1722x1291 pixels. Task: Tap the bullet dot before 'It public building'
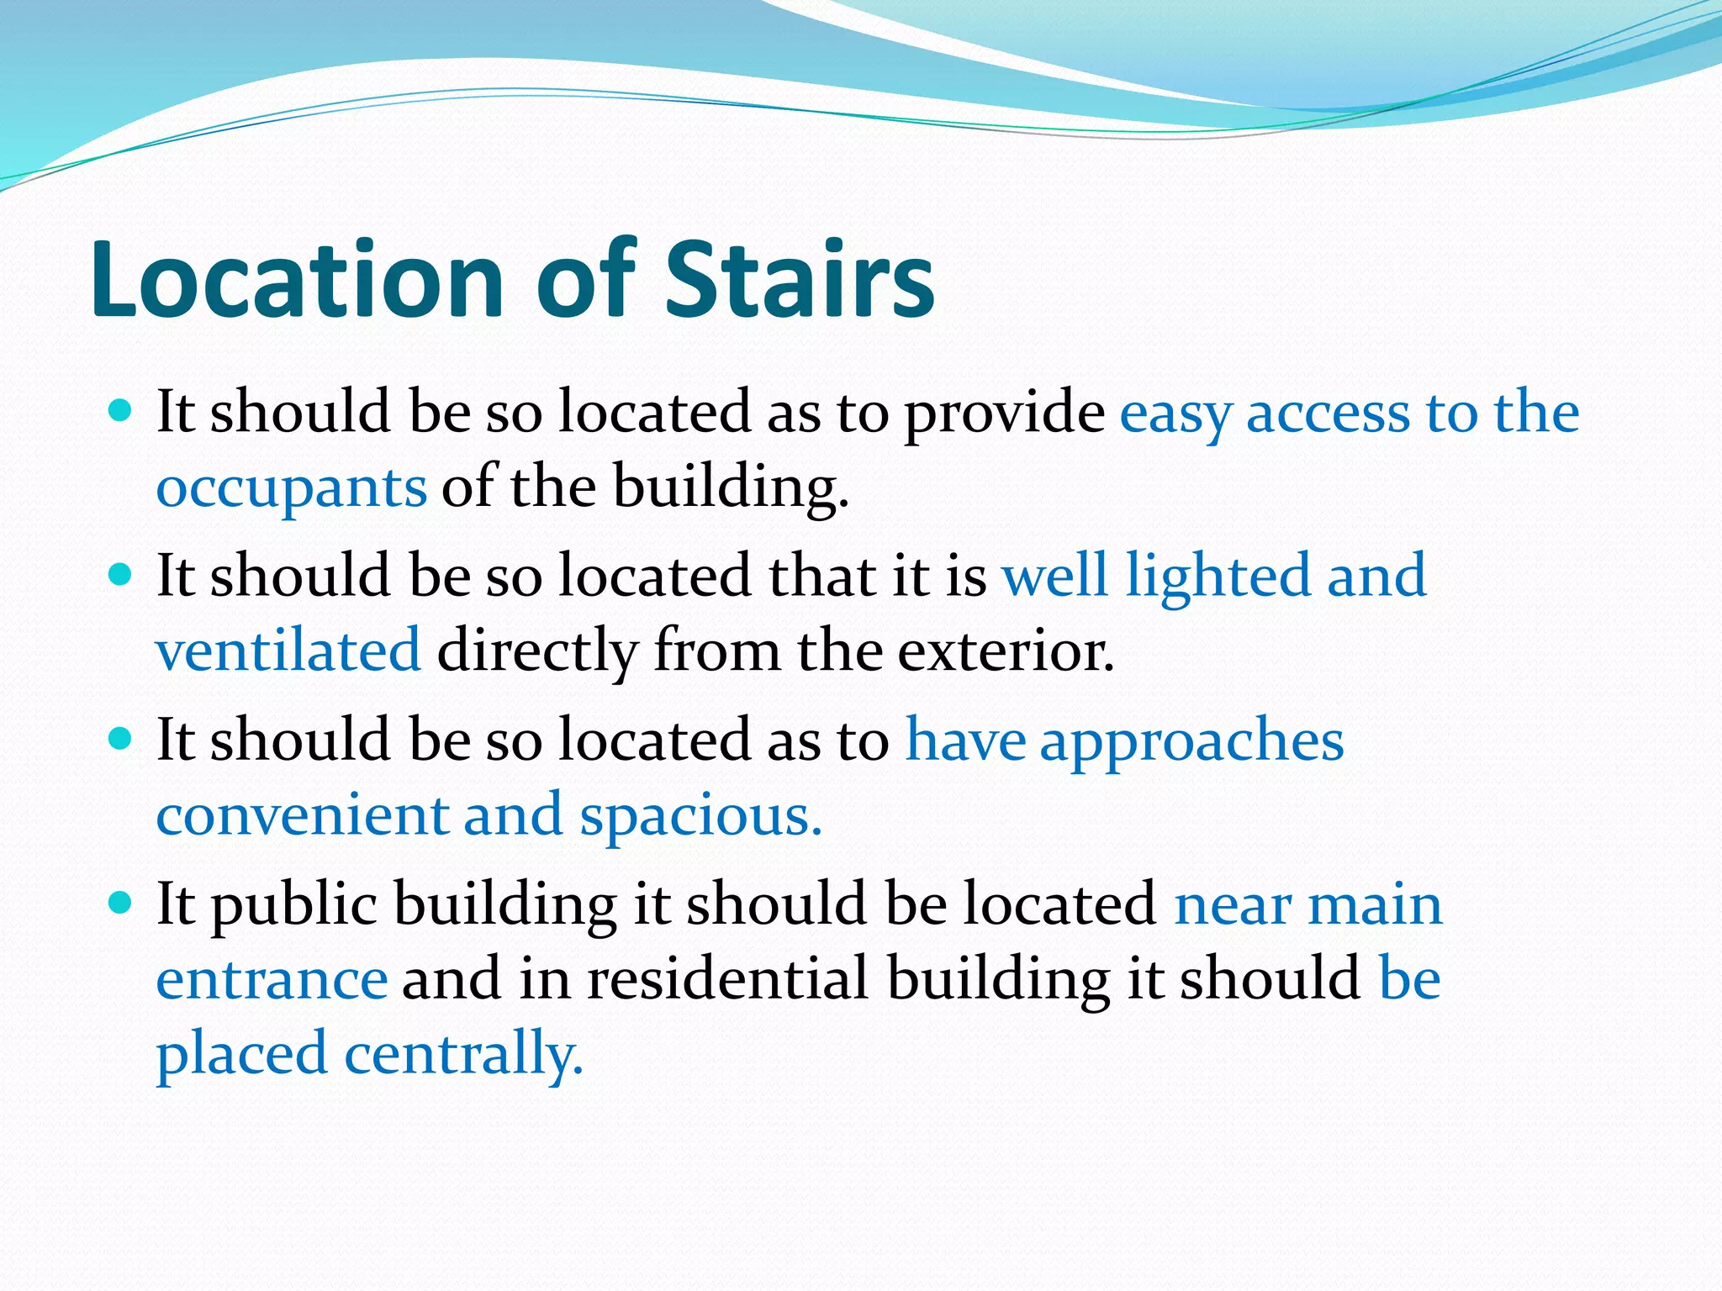[121, 903]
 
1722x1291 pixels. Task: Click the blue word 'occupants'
[291, 487]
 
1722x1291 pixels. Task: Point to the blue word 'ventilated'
[288, 651]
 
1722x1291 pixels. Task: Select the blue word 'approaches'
[1191, 741]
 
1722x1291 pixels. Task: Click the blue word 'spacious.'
[700, 815]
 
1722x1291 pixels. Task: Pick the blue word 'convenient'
[302, 815]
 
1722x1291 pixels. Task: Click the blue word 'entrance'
[272, 979]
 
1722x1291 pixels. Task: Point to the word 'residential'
[727, 979]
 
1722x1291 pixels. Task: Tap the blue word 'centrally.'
[463, 1054]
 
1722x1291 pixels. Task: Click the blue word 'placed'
[241, 1054]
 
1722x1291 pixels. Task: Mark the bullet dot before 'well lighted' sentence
[121, 575]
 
